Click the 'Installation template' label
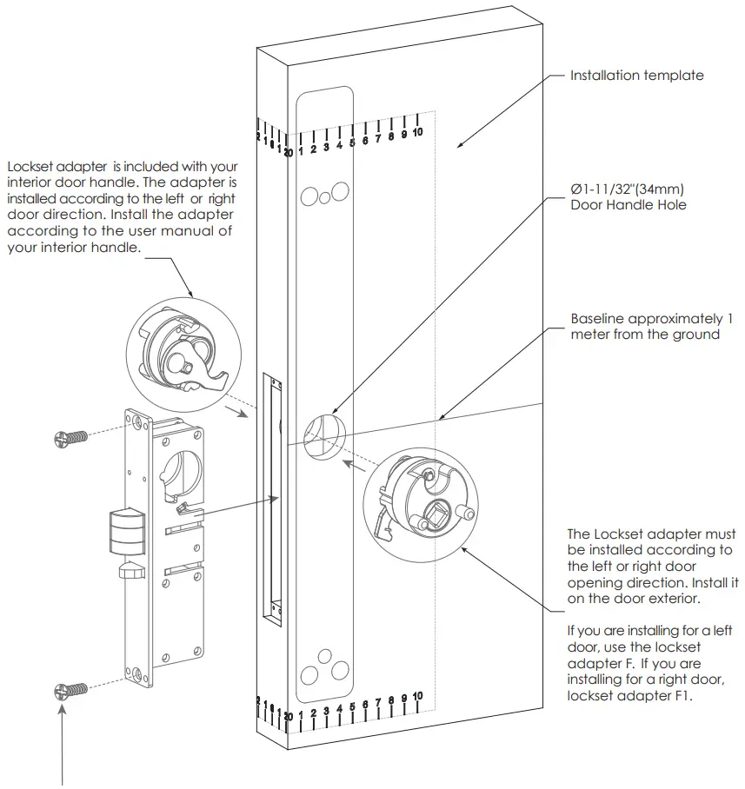tap(636, 76)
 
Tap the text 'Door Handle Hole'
tap(628, 205)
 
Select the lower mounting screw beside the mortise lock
tap(70, 691)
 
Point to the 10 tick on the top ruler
tap(417, 132)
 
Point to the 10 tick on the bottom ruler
tap(417, 697)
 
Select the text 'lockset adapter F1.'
tap(629, 695)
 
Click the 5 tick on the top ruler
tap(352, 143)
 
